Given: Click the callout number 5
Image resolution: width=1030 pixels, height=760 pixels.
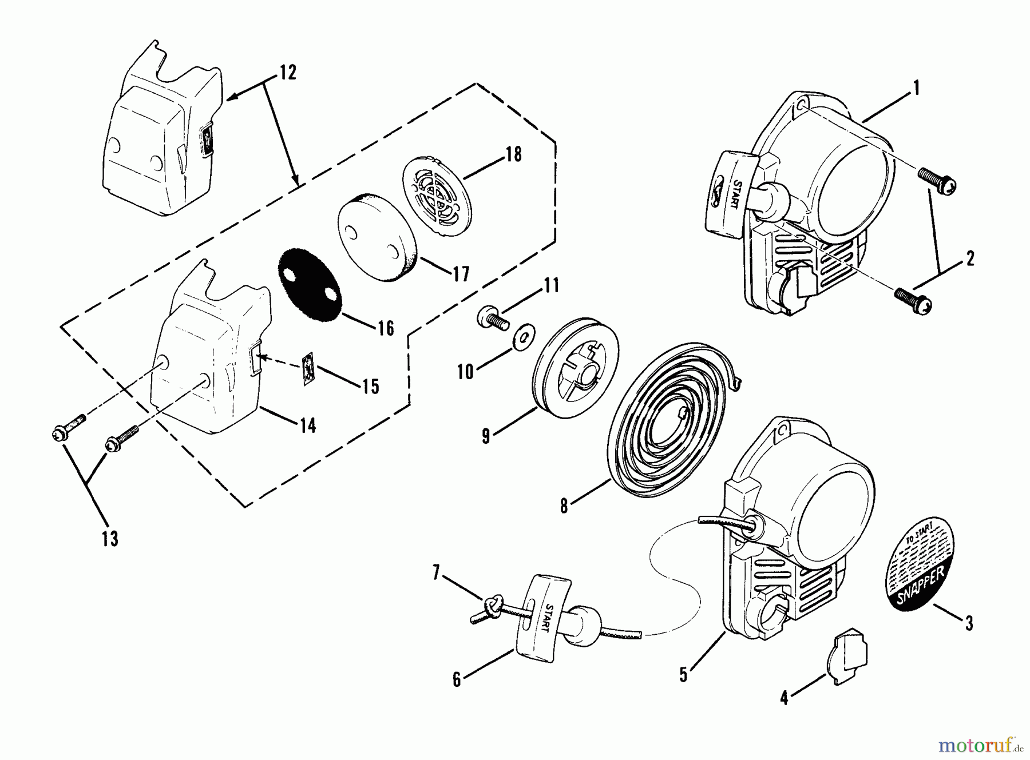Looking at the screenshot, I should pyautogui.click(x=683, y=675).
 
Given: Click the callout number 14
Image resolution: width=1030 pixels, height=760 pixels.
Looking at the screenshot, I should pyautogui.click(x=308, y=425).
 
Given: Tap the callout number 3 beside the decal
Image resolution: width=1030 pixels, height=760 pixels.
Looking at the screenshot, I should pyautogui.click(x=968, y=623).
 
